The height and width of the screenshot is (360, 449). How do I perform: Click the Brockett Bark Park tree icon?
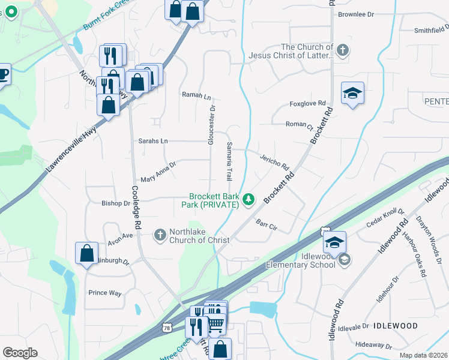248,200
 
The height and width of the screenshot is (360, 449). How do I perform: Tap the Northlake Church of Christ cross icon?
160,235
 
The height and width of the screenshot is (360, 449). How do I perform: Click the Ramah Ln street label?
197,95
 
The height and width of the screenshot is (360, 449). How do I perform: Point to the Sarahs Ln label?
153,141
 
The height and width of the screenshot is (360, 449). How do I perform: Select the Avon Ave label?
119,235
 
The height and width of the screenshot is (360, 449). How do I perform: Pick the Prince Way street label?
105,293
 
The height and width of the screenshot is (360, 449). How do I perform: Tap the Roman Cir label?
300,124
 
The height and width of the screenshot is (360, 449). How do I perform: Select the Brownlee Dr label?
356,14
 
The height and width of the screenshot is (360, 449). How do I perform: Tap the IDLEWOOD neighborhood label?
395,326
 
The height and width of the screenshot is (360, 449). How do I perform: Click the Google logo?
20,353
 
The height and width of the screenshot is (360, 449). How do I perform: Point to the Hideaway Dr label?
373,346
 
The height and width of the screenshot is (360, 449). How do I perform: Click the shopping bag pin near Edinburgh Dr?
86,253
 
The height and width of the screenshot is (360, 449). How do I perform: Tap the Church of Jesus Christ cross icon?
343,50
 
